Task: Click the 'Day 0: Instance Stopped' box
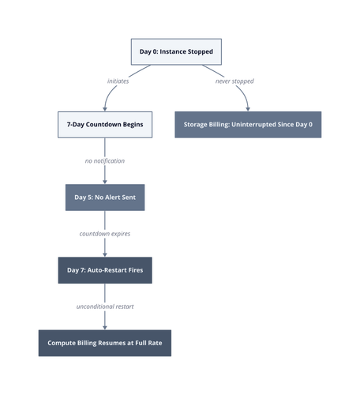pyautogui.click(x=176, y=51)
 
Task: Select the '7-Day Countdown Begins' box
pyautogui.click(x=105, y=125)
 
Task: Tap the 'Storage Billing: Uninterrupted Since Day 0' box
pyautogui.click(x=248, y=125)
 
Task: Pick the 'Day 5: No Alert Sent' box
pyautogui.click(x=105, y=197)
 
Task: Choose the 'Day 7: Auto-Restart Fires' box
pyautogui.click(x=105, y=270)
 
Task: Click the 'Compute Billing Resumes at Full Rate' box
pyautogui.click(x=105, y=343)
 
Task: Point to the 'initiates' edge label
pyautogui.click(x=118, y=81)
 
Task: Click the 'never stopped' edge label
pyautogui.click(x=234, y=81)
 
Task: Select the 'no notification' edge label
pyautogui.click(x=105, y=161)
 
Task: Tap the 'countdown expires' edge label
pyautogui.click(x=105, y=234)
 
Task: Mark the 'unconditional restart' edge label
pyautogui.click(x=105, y=307)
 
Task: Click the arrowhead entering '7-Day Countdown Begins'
pyautogui.click(x=105, y=109)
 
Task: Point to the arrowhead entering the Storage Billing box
pyautogui.click(x=248, y=109)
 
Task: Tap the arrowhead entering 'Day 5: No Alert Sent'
pyautogui.click(x=105, y=182)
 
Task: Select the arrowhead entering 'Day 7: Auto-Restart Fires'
pyautogui.click(x=105, y=255)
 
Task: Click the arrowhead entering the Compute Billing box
pyautogui.click(x=105, y=328)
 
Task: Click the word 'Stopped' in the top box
pyautogui.click(x=201, y=52)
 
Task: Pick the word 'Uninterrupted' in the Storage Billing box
pyautogui.click(x=253, y=125)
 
